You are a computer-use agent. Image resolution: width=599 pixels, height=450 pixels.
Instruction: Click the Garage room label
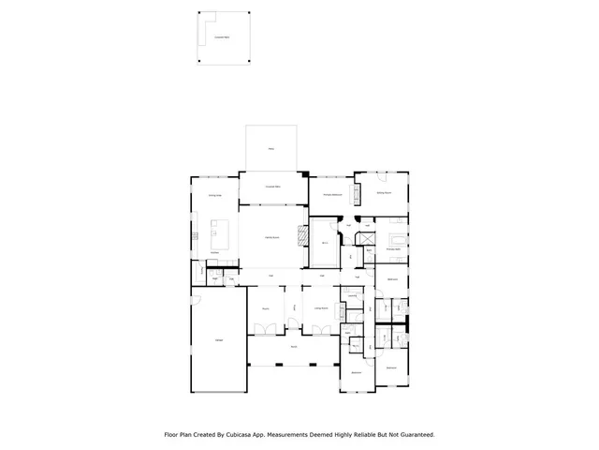219,339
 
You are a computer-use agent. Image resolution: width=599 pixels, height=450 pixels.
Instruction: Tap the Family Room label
269,239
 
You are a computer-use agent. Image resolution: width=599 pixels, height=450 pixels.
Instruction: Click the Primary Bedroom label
331,194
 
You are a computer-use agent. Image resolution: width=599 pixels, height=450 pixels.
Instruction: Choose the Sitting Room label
384,192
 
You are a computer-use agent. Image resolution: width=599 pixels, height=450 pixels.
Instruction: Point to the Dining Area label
214,195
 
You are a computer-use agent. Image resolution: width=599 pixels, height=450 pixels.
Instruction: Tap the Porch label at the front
293,347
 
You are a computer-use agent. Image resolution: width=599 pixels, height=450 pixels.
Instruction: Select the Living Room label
320,307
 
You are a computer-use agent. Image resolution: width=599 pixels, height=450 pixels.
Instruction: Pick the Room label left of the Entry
266,307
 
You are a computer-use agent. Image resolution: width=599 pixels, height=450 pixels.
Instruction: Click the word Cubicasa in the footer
244,435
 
